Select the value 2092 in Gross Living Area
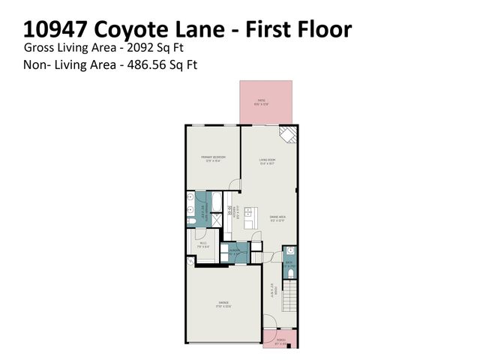coord(140,47)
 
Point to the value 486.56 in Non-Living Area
coord(146,64)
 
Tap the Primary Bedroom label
coord(213,158)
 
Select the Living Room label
coord(268,160)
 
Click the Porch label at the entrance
coord(281,341)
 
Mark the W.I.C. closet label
coord(203,244)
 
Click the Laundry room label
coord(235,252)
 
